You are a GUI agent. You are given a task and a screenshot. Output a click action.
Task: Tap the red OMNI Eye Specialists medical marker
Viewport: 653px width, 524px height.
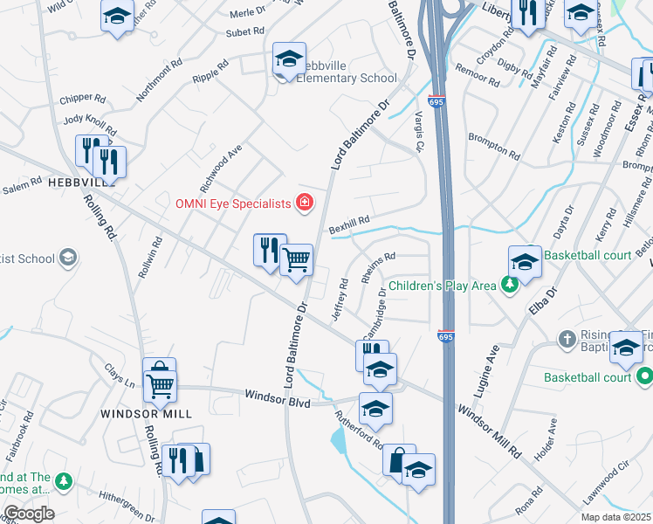tap(305, 203)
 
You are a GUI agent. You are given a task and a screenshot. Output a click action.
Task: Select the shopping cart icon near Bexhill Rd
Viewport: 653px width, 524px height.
tap(297, 259)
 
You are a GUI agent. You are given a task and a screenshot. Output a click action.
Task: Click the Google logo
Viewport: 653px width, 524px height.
tap(28, 514)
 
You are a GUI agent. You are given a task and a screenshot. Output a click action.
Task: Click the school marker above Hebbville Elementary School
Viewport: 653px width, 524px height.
tap(289, 59)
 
